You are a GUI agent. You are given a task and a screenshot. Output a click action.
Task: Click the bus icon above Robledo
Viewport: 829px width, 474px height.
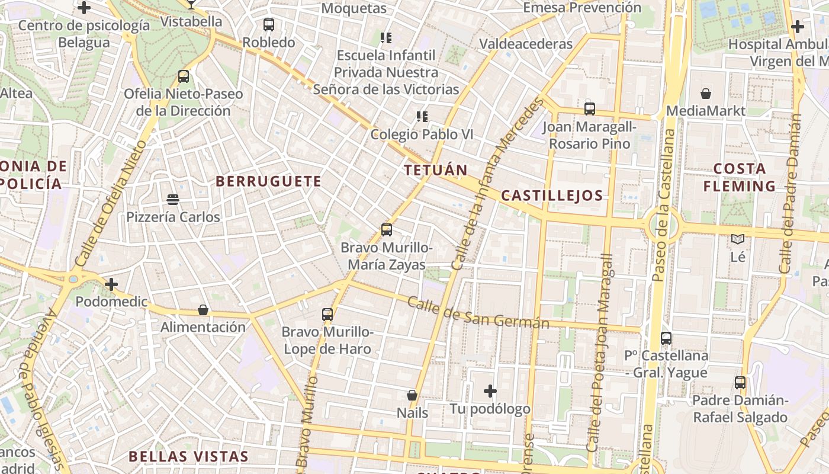pos(269,25)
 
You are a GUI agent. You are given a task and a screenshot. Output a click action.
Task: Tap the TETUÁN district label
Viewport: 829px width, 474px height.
pos(436,170)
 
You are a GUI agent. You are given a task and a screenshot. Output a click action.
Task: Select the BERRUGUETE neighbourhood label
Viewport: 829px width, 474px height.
pos(269,181)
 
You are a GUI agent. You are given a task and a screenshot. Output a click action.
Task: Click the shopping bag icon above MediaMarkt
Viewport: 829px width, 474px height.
pos(706,94)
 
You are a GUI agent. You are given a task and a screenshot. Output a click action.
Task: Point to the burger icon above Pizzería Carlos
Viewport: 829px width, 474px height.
pos(173,200)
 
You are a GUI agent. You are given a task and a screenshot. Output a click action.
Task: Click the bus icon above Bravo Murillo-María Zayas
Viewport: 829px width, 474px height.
pos(387,230)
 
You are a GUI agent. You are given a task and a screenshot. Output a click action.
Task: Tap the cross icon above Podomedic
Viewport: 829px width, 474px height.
pos(111,284)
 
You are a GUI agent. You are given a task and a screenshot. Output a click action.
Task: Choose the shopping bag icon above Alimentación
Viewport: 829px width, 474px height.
pos(203,310)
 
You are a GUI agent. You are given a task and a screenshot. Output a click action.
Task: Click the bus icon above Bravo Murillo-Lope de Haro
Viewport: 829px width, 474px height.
pos(327,315)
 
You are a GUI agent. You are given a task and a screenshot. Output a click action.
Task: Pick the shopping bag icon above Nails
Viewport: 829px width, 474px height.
pos(412,395)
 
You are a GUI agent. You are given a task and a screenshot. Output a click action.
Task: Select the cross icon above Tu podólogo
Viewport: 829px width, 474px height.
pos(490,391)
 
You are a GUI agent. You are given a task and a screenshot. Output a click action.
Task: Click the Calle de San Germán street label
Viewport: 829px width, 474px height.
pos(478,314)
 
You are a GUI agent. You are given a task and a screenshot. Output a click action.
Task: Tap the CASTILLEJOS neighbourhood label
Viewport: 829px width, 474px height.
pos(552,196)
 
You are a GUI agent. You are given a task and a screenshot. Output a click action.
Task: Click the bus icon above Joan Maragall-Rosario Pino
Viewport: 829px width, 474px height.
pos(590,109)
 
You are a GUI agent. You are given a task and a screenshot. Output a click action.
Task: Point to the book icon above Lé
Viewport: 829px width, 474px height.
pos(738,239)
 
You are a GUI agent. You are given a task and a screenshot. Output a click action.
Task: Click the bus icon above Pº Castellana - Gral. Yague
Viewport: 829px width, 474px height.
pos(666,338)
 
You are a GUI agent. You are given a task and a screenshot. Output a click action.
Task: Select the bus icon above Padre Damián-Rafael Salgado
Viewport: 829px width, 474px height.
pos(740,383)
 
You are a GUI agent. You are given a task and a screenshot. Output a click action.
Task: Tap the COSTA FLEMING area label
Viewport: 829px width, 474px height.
pos(739,177)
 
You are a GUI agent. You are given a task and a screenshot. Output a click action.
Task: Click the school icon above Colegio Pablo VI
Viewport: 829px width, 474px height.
pos(422,117)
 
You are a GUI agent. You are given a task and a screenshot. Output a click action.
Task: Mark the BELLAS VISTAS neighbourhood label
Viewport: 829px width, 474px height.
pos(189,456)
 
